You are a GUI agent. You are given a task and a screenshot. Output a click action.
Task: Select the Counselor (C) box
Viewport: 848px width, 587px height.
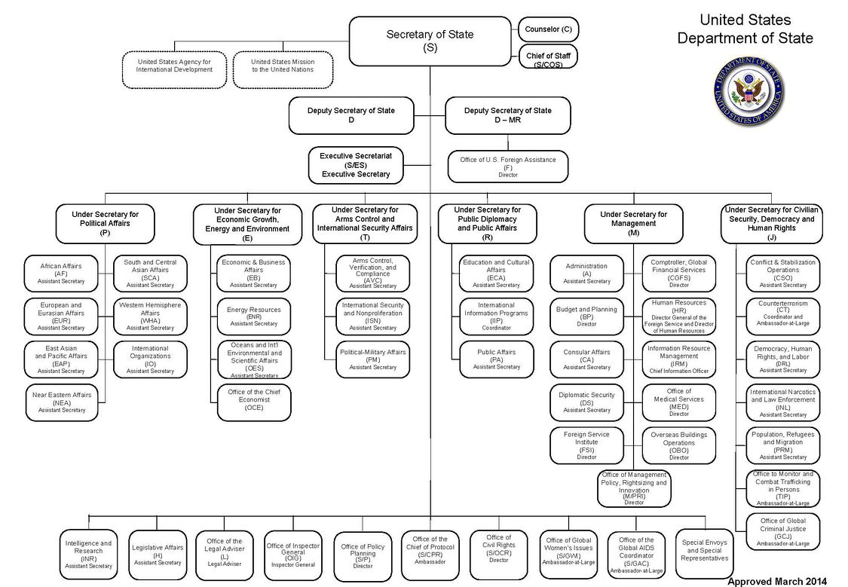point(548,29)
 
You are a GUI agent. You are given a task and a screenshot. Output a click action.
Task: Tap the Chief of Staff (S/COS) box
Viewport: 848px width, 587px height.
point(548,57)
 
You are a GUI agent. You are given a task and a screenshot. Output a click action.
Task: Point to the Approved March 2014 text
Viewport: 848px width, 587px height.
point(776,581)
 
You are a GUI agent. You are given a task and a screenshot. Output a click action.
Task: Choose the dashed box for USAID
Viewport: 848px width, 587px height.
point(174,66)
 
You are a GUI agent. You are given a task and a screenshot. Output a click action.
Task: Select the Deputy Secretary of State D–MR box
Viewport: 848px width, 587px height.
point(507,115)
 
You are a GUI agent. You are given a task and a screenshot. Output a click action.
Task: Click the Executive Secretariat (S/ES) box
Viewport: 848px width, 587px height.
point(356,165)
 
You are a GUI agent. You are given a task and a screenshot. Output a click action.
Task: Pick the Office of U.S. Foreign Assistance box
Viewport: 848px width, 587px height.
point(507,166)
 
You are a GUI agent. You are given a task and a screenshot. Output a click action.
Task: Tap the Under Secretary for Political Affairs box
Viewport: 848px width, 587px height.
point(104,223)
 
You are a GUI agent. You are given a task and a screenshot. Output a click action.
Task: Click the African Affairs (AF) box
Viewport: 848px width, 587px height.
point(61,273)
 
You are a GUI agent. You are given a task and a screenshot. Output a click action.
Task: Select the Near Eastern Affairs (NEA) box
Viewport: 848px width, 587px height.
point(61,402)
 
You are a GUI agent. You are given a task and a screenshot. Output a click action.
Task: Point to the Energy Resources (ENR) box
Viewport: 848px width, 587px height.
point(253,316)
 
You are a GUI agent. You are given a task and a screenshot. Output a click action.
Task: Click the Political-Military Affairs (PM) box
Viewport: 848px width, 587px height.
point(372,359)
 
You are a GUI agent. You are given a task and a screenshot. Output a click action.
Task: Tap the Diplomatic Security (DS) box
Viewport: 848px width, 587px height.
point(586,402)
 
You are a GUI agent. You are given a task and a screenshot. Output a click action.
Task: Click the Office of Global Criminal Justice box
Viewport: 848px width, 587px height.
point(782,530)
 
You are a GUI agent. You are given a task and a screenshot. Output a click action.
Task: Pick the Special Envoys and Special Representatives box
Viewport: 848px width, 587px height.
point(704,550)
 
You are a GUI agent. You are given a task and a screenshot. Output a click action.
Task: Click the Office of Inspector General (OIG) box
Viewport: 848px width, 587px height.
point(292,555)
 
